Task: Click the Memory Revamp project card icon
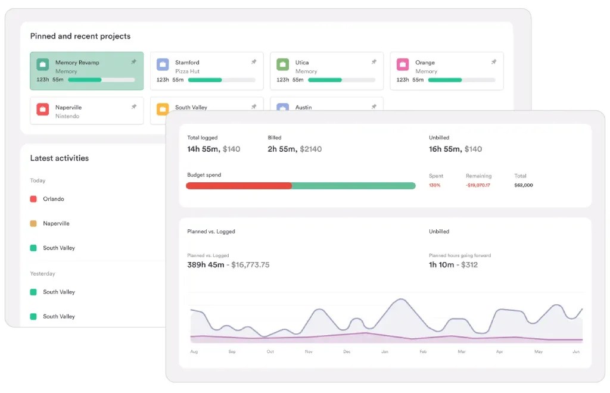(43, 64)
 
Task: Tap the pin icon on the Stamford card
(254, 62)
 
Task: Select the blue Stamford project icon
(163, 64)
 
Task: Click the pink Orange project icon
(403, 64)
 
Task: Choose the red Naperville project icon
(43, 110)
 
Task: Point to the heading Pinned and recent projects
(80, 36)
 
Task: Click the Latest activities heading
(60, 158)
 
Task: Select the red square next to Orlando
(33, 199)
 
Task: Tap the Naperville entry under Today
(56, 223)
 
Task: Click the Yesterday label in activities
(42, 274)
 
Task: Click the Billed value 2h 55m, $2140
(294, 149)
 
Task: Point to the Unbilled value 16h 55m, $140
(455, 149)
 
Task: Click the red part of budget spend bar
(238, 186)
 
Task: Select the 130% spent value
(435, 185)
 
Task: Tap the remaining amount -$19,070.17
(478, 185)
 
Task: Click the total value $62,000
(523, 185)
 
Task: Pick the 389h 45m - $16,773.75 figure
(228, 265)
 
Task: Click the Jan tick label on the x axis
(385, 352)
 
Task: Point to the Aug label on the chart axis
(194, 352)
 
